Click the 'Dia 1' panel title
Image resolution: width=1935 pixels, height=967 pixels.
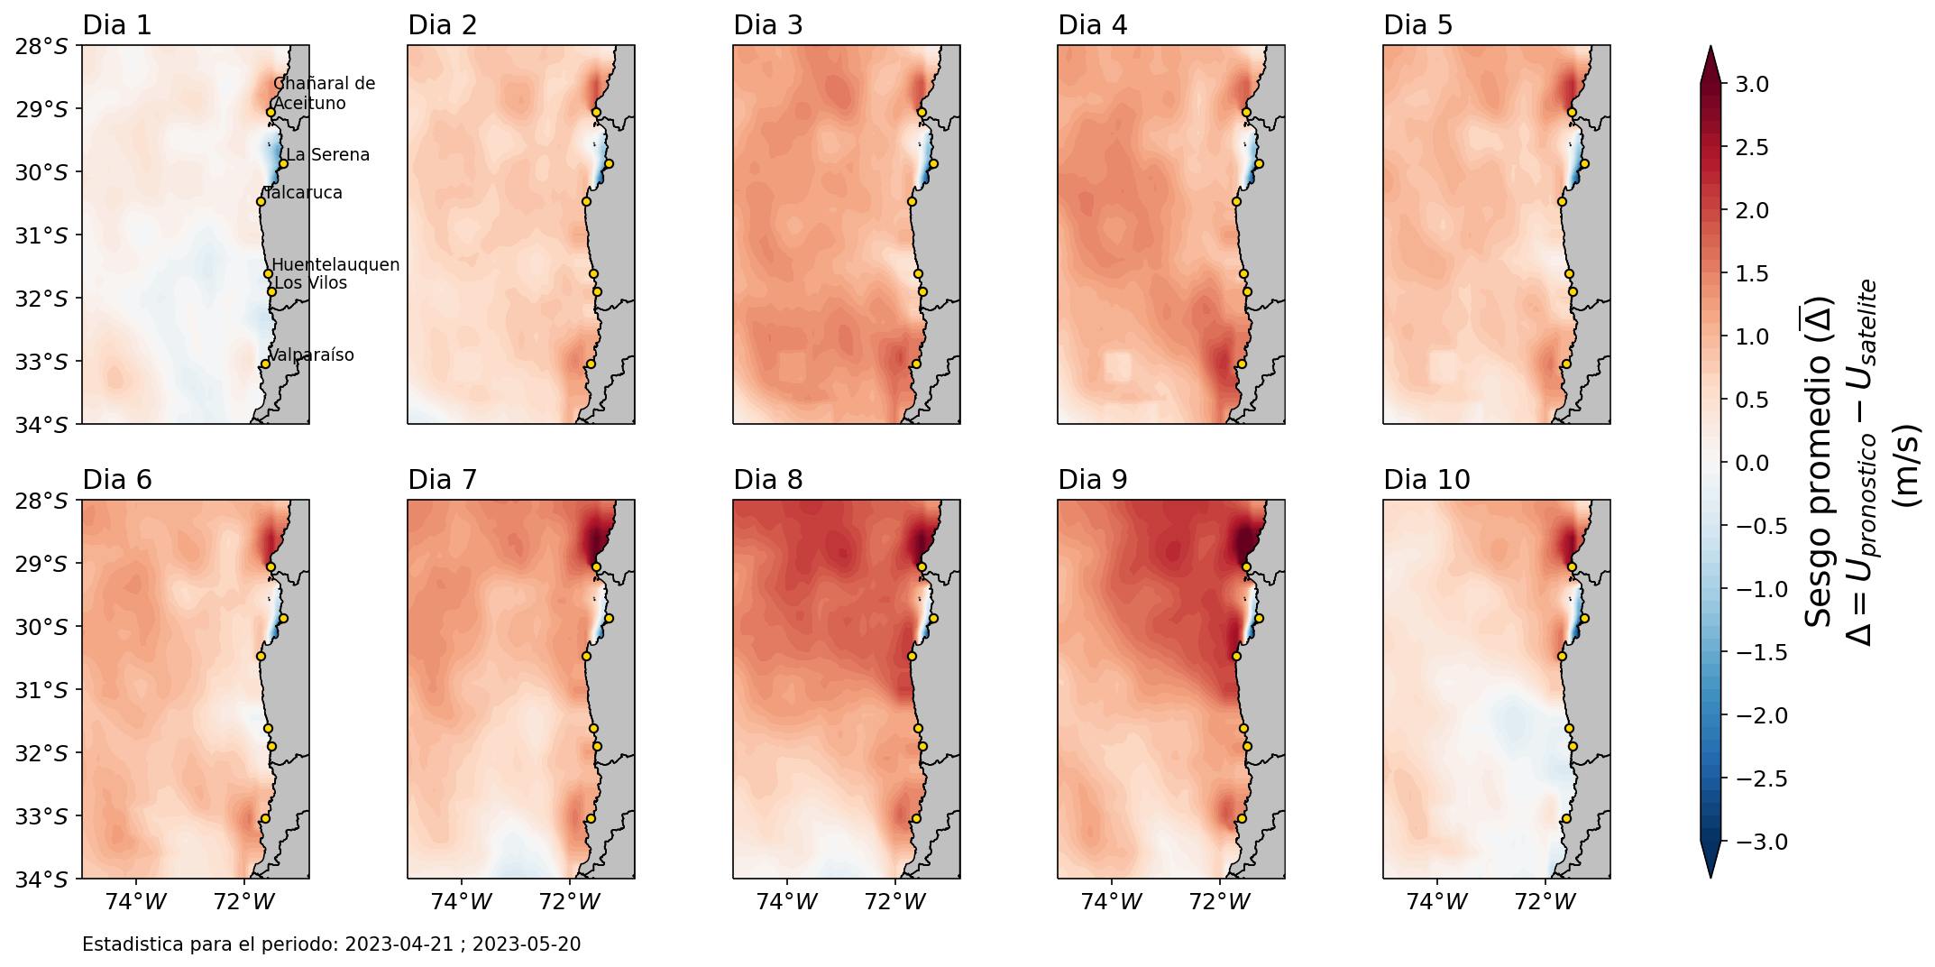click(x=117, y=25)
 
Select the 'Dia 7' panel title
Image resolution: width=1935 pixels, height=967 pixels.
click(x=442, y=480)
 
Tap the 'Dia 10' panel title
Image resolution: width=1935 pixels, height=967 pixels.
click(x=1426, y=480)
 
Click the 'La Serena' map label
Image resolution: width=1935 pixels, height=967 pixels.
click(x=328, y=155)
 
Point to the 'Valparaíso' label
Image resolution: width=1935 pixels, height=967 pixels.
click(x=312, y=355)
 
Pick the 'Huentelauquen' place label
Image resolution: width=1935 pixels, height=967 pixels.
click(x=335, y=265)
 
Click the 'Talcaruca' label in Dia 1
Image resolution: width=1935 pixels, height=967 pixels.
click(x=303, y=193)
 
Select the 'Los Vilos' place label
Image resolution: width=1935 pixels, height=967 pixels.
click(x=310, y=283)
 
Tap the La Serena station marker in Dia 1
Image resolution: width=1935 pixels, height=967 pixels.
click(x=283, y=164)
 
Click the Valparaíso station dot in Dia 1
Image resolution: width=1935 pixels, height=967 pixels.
click(x=265, y=364)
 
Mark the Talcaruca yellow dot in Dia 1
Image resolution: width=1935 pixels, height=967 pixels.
click(x=261, y=201)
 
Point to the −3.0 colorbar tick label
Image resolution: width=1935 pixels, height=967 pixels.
click(x=1759, y=843)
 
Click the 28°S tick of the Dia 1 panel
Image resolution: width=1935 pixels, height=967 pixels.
click(x=41, y=46)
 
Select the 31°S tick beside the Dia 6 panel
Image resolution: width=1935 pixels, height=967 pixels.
click(x=41, y=690)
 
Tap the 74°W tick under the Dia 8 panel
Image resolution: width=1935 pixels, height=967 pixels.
click(x=788, y=901)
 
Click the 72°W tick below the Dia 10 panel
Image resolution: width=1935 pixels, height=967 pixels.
click(x=1546, y=901)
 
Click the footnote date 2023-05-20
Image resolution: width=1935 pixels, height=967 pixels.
click(x=527, y=944)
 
